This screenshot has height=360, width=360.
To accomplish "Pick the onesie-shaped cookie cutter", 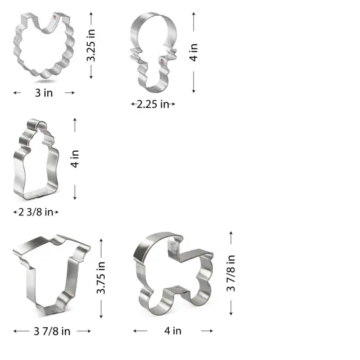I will (x=50, y=275).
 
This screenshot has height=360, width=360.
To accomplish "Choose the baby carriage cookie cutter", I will (x=173, y=275).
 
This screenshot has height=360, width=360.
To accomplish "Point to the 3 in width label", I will (x=44, y=93).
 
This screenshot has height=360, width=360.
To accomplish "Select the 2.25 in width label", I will (x=153, y=104).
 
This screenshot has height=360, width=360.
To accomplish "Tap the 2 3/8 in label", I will (x=37, y=212).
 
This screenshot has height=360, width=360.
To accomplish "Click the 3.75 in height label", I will (x=101, y=279).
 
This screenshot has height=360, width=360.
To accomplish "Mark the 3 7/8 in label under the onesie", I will (x=52, y=331).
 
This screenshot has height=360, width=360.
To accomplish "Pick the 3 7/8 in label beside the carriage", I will (x=231, y=275).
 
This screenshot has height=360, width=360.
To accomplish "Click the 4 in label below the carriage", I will (x=173, y=331).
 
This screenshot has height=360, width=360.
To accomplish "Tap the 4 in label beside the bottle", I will (x=75, y=159).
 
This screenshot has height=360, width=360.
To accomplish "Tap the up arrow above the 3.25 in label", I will (x=93, y=12).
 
